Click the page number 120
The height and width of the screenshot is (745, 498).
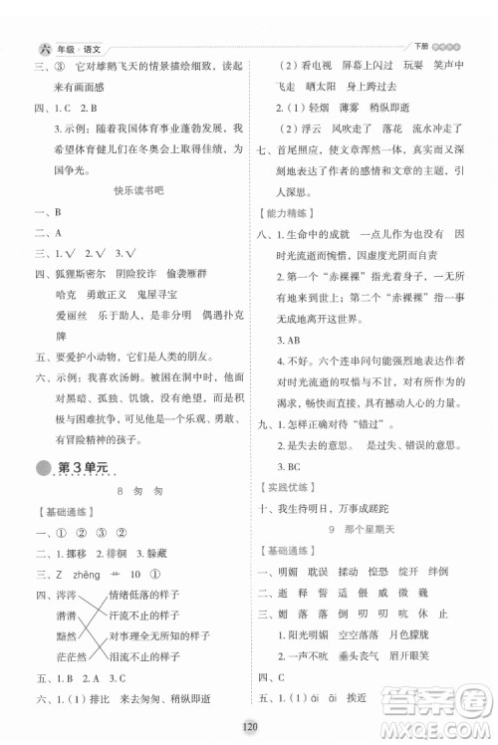tap(250, 729)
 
